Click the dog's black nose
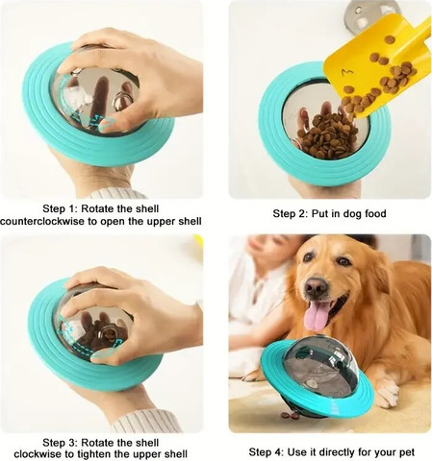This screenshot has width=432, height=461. coord(316,285)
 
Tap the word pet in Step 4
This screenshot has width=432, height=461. coord(406,452)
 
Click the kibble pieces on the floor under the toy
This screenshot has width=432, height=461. coord(291,415)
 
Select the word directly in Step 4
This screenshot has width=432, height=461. coord(335,452)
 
